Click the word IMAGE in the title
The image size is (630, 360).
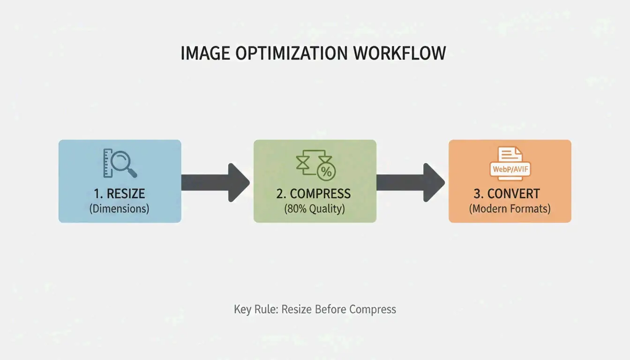coord(205,53)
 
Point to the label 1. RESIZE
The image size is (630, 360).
coord(119,194)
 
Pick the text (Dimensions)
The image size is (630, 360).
coord(119,209)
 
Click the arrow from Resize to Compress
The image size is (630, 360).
coord(216,182)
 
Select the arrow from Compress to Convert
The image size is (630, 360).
coord(411,182)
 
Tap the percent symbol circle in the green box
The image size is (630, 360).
coord(326,172)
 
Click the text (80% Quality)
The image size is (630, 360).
coord(314,209)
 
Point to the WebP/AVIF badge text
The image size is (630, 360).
coord(510,169)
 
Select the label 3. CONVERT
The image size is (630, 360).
coord(510,194)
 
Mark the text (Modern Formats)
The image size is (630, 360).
coord(510,209)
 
